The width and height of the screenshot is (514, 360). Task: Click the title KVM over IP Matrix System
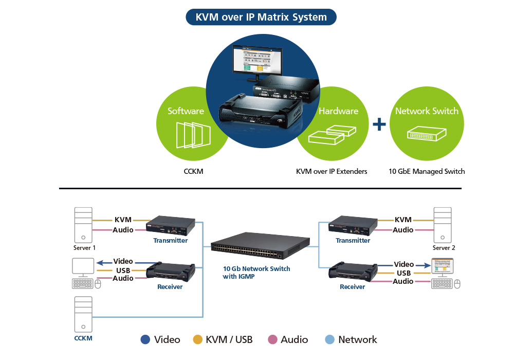261,17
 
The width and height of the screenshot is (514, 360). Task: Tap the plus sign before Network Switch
379,124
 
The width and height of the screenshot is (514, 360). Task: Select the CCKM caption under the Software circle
193,171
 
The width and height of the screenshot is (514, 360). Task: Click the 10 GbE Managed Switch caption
427,171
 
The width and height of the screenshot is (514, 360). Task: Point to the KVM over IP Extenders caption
332,171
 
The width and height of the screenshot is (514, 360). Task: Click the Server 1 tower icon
83,225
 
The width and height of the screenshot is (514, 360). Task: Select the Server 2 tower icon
443,225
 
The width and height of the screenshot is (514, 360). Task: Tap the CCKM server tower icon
83,314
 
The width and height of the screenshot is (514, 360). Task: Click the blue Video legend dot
145,339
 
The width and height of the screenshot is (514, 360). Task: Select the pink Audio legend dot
272,339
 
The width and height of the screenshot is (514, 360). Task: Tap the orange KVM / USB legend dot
197,339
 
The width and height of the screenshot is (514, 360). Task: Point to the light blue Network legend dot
330,339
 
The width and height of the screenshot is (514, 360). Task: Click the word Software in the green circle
186,111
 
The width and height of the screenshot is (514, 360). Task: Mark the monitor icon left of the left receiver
83,266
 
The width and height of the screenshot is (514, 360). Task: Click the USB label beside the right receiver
403,273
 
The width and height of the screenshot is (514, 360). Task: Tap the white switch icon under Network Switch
426,135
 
